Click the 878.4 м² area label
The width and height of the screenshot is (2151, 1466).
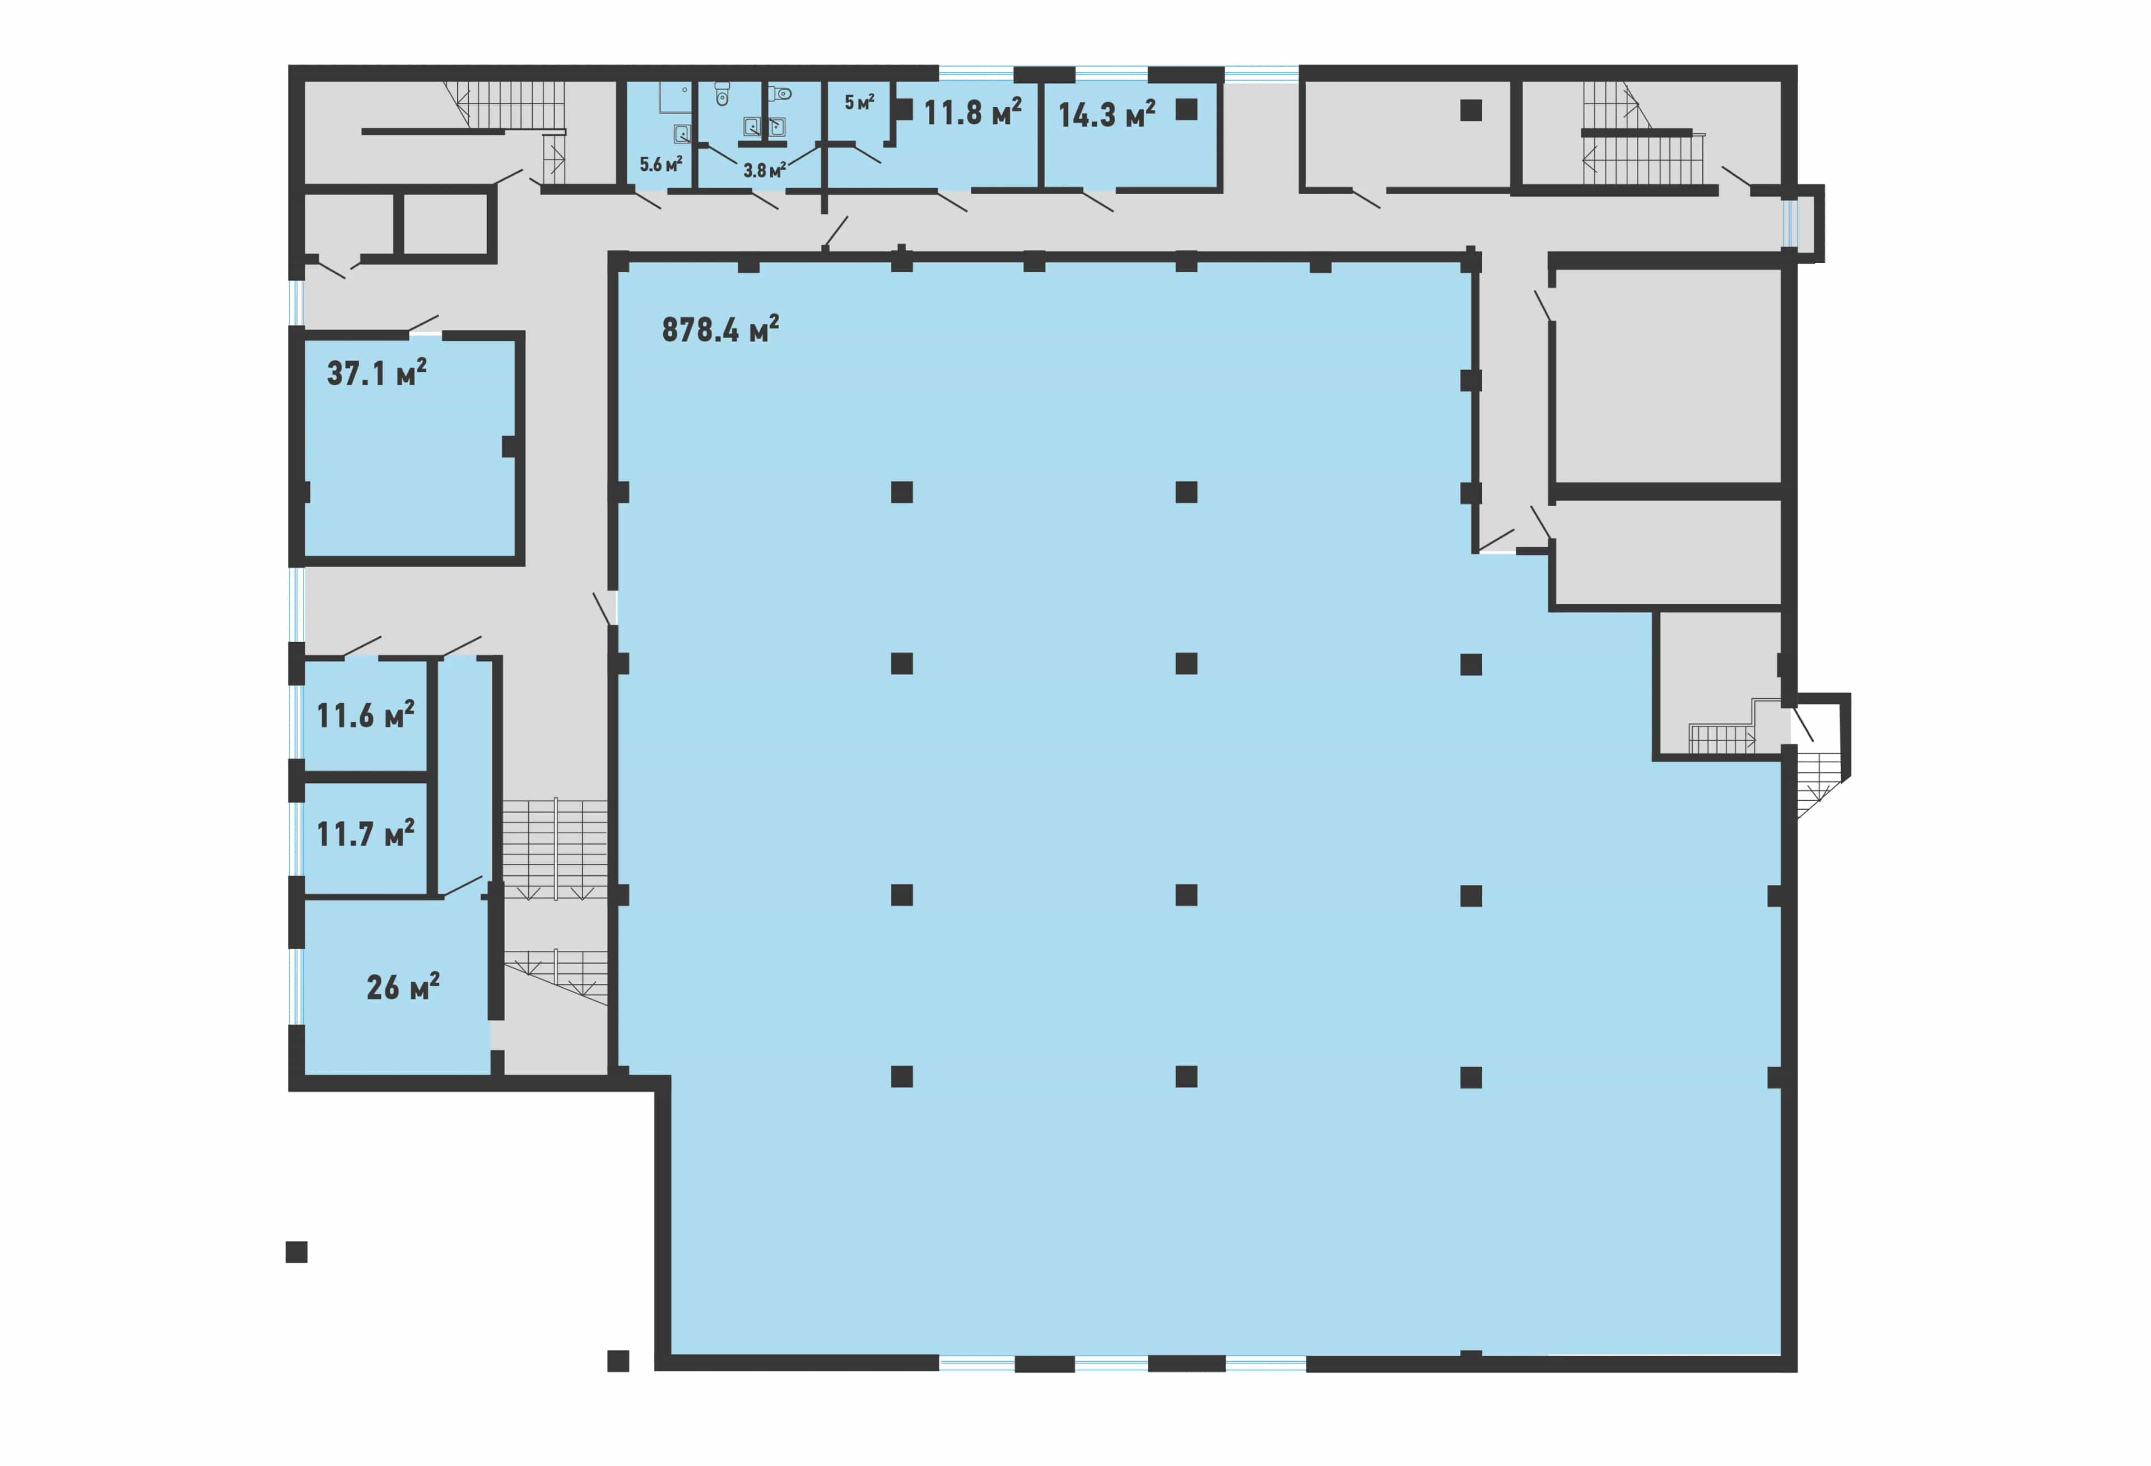tap(720, 329)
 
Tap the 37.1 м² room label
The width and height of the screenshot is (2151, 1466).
tap(376, 373)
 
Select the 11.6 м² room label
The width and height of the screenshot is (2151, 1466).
tap(366, 715)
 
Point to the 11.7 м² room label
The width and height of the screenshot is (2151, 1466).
tap(366, 834)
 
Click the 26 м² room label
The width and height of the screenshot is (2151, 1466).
tap(403, 987)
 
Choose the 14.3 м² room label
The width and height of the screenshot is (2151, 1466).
tap(1107, 115)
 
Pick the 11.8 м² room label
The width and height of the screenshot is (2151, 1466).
tap(973, 112)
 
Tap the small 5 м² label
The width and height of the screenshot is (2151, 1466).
tap(859, 102)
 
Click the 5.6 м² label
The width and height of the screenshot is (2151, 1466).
tap(661, 165)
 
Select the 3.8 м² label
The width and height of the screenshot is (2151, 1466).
tap(765, 170)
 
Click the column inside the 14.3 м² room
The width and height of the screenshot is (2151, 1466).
tap(1186, 109)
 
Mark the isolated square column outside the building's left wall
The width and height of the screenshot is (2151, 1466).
tap(296, 1252)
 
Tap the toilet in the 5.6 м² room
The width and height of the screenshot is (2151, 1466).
tap(723, 94)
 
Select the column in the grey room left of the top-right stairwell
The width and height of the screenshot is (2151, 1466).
tap(1471, 110)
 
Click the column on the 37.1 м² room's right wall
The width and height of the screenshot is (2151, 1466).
tap(510, 446)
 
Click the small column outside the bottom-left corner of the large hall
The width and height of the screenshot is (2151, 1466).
tap(618, 1361)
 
